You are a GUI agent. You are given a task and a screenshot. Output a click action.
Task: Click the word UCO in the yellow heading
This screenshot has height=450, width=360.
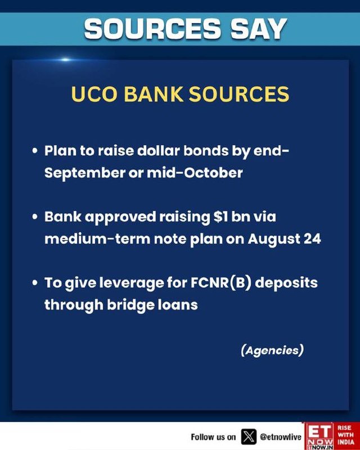[x=94, y=94]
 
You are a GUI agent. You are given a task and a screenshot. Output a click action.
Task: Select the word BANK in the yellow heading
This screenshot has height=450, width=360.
[x=154, y=94]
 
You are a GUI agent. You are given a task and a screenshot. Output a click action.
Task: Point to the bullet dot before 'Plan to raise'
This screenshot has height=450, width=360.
[x=35, y=151]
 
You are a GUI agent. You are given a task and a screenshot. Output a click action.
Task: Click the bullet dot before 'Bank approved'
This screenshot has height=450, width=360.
[x=35, y=217]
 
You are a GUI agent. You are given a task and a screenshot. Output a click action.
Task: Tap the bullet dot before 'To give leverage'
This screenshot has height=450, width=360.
[x=35, y=283]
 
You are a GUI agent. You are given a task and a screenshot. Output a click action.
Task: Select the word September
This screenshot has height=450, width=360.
[x=85, y=173]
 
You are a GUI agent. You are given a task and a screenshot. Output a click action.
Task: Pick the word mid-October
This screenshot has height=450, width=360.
[x=195, y=173]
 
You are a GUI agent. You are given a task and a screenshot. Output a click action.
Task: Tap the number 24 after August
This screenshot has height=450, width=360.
[x=312, y=239]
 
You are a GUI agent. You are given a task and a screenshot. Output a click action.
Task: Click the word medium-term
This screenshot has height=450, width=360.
[x=97, y=239]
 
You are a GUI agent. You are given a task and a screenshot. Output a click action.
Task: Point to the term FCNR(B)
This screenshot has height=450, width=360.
[x=221, y=283]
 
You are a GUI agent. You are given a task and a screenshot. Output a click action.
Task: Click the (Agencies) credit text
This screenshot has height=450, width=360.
[x=272, y=350]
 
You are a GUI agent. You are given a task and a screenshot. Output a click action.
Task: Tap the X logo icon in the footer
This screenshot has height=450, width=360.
[x=249, y=437]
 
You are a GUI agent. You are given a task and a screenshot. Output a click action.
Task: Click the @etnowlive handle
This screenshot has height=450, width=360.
[x=281, y=437]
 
